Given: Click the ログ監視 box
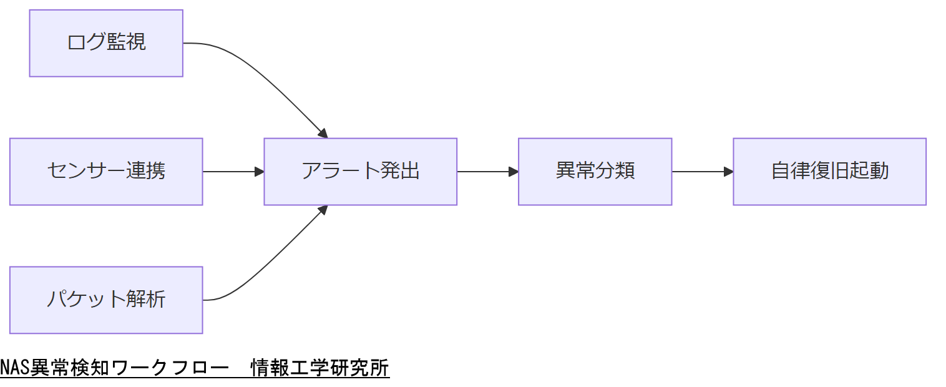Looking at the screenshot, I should (106, 43).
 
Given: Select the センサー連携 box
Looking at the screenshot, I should (106, 172).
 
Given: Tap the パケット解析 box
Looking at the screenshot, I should (106, 300).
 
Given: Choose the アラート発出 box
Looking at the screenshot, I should (360, 172).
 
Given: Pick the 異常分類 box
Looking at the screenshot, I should (595, 172).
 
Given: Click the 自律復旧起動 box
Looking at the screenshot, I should (829, 172).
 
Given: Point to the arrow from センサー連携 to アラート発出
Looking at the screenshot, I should (231, 172).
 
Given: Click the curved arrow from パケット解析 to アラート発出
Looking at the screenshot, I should (268, 262).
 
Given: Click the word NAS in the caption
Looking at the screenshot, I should (11, 368).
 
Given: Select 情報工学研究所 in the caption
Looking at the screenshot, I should (319, 368).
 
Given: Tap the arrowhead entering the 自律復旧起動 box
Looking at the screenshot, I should (729, 172).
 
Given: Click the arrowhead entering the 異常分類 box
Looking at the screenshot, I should (514, 172).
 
